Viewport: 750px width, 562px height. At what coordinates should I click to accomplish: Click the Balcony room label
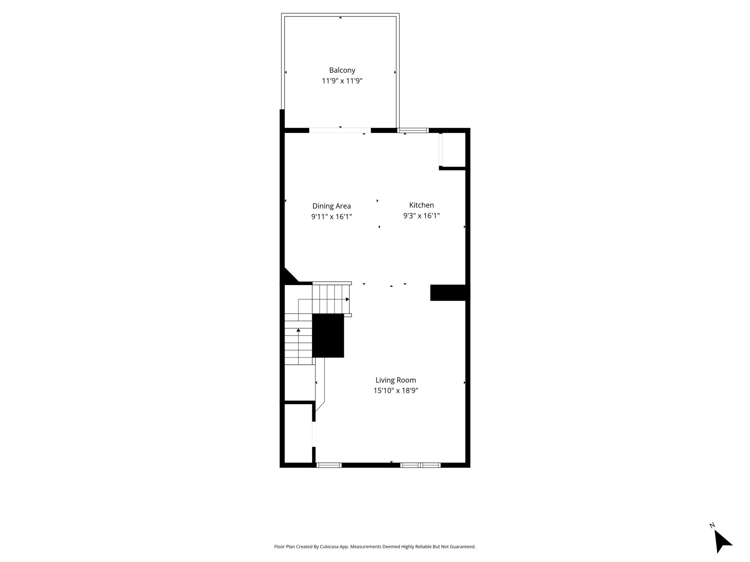pos(342,70)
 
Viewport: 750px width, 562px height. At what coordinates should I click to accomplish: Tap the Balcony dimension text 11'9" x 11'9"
pos(342,81)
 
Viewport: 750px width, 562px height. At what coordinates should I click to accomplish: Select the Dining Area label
pos(331,206)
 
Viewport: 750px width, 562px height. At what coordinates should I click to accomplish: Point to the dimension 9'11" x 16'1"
pos(331,217)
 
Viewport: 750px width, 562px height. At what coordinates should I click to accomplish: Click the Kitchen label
pos(422,205)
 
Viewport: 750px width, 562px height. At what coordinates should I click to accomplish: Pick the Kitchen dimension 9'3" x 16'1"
pos(422,216)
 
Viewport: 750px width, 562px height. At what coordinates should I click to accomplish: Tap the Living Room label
pos(396,380)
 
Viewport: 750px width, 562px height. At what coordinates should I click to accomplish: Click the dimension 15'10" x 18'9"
pos(396,391)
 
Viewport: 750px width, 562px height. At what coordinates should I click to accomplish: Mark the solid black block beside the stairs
pos(328,336)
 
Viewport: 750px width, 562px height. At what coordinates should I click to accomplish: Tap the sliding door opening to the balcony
pos(340,130)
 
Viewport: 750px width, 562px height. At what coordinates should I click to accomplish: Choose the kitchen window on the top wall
pos(413,130)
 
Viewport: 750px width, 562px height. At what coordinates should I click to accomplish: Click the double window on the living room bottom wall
pos(420,465)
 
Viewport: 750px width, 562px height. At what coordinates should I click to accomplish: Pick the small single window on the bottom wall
pos(329,465)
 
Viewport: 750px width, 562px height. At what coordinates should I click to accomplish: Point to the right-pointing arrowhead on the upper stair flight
pos(348,299)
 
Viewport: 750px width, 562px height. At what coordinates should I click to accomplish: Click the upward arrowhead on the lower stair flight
pos(298,330)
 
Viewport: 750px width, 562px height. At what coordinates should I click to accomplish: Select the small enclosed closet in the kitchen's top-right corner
pos(453,150)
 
